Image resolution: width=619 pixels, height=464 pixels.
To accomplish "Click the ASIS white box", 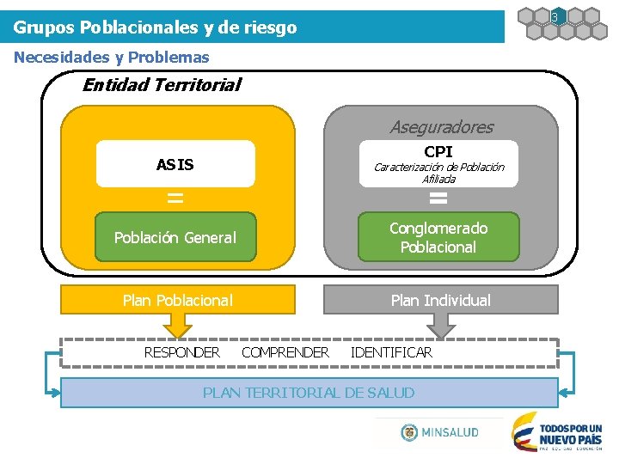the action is (x=175, y=164).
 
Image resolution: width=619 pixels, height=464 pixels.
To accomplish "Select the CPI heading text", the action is (x=438, y=151).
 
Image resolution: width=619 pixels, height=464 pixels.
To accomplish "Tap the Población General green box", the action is (x=175, y=238).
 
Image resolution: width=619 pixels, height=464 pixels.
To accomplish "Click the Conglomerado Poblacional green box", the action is (x=438, y=238).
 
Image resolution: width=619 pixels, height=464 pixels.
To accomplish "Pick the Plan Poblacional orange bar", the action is (x=177, y=300).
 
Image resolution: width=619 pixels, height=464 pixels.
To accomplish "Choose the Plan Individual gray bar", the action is (x=440, y=300).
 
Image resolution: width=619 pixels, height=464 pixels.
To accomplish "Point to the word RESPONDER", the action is (x=181, y=352).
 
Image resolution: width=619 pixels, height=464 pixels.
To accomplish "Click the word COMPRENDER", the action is (x=285, y=352).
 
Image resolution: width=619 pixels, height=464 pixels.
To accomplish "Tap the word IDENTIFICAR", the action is (x=391, y=352).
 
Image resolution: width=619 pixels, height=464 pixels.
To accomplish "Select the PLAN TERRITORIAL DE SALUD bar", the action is (x=309, y=393).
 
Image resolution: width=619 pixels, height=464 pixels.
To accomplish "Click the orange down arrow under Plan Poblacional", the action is (x=177, y=325).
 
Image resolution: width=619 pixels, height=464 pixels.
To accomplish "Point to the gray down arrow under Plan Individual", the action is (x=440, y=325).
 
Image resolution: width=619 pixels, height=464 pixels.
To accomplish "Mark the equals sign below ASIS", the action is (x=175, y=198).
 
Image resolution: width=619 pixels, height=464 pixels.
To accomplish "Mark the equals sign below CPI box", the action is (x=438, y=198).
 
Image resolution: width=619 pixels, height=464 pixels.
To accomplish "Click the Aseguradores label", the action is (x=441, y=127).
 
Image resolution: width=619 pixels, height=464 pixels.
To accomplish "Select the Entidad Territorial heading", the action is (x=162, y=84).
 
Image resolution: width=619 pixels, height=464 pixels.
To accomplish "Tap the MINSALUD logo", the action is (x=439, y=432).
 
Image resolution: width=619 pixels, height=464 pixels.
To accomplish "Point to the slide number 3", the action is (x=555, y=17).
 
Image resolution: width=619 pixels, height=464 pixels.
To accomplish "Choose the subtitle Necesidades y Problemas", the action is (x=112, y=58).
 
